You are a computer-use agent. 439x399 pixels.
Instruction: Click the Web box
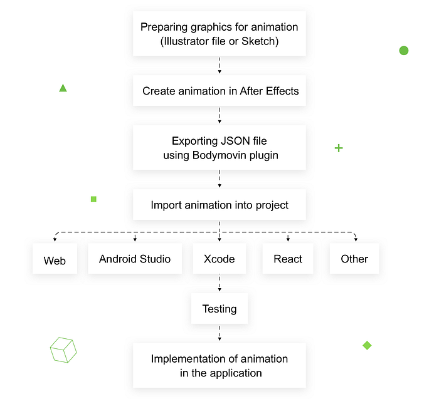coord(55,259)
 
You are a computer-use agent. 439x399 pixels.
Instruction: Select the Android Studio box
coord(135,259)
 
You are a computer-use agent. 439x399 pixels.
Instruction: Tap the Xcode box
coord(219,259)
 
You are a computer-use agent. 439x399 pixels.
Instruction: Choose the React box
coord(288,259)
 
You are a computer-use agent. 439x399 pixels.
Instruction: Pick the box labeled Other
coord(354,259)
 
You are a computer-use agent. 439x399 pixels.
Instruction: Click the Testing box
coord(219,309)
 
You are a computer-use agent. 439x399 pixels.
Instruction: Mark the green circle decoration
coord(404,50)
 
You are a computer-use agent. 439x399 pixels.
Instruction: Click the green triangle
coord(63,88)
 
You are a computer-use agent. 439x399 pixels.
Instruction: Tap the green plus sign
coord(339,148)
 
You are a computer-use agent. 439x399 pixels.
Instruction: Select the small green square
coord(93,199)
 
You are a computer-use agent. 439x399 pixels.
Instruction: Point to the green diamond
coord(367,345)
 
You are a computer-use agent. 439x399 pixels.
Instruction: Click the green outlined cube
coord(63,350)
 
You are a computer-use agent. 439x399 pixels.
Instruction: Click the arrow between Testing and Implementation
coord(219,333)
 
